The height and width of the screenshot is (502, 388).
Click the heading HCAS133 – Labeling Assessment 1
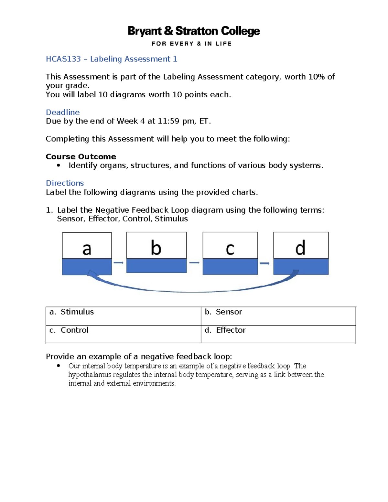tap(112, 59)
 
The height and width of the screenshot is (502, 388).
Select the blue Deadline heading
tap(63, 112)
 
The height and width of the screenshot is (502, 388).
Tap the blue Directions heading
tap(65, 183)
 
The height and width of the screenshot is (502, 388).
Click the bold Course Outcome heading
tap(81, 156)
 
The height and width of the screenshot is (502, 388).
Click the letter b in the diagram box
tap(156, 248)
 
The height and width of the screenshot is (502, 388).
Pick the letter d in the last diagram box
tap(300, 248)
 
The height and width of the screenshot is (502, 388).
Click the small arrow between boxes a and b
tap(119, 262)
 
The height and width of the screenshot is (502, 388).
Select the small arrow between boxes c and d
tap(264, 263)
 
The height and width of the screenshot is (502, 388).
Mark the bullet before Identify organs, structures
tap(59, 166)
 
